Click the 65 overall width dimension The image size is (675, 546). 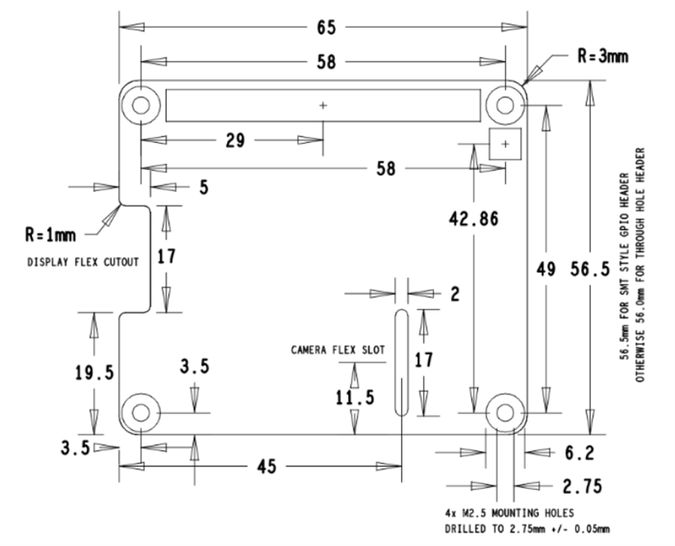click(x=325, y=27)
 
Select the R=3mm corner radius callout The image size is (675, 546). click(x=603, y=56)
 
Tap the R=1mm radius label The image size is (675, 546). click(x=51, y=235)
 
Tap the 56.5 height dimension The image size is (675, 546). click(x=590, y=269)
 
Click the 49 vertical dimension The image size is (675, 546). click(x=545, y=269)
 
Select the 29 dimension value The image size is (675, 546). click(x=235, y=140)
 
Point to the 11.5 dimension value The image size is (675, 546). click(x=354, y=397)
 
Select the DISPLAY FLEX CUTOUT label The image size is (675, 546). click(x=83, y=261)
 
